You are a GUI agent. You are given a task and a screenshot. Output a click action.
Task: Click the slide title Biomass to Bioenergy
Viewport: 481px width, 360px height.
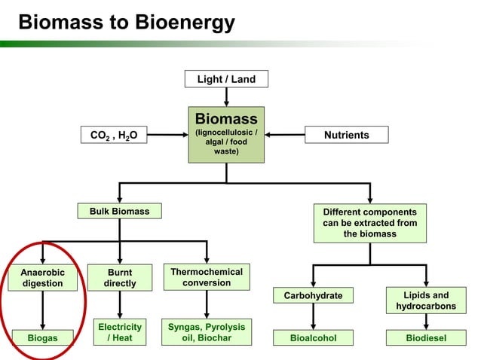(x=126, y=23)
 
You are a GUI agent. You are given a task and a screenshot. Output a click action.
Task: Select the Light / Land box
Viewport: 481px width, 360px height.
(x=225, y=79)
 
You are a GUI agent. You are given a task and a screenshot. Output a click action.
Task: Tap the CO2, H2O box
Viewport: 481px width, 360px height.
(x=114, y=135)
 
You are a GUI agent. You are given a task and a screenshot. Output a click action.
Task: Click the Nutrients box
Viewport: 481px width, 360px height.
(x=346, y=135)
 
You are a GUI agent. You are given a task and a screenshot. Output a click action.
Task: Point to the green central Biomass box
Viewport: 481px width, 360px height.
(x=226, y=134)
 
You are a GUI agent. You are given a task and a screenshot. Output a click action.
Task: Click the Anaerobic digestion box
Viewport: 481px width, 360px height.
(x=42, y=278)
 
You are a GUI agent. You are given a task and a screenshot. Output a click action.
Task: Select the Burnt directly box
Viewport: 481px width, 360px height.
(x=119, y=278)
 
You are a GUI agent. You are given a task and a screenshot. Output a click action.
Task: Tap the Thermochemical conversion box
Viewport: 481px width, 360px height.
(x=207, y=277)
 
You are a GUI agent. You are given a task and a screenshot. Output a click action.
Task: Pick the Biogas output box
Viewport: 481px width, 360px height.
(x=42, y=338)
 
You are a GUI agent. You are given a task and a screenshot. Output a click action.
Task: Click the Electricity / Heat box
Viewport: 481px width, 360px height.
(x=120, y=332)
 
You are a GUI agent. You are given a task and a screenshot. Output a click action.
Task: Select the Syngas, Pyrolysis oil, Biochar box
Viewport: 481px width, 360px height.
(x=207, y=332)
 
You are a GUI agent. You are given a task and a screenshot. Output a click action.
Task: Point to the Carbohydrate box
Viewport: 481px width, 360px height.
(x=313, y=295)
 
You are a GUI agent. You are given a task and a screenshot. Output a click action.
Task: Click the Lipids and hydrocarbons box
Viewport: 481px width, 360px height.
(x=426, y=301)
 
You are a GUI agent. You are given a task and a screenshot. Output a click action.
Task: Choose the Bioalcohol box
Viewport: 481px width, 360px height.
(x=313, y=338)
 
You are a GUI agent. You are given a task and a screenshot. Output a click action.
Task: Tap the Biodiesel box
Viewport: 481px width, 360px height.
(x=426, y=338)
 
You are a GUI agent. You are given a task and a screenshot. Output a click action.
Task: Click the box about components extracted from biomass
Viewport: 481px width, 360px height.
(x=369, y=223)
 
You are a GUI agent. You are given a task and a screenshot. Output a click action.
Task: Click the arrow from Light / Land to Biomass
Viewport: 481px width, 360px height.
(x=226, y=96)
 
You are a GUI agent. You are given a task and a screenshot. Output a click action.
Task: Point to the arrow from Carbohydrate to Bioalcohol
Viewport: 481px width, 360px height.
(x=313, y=316)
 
